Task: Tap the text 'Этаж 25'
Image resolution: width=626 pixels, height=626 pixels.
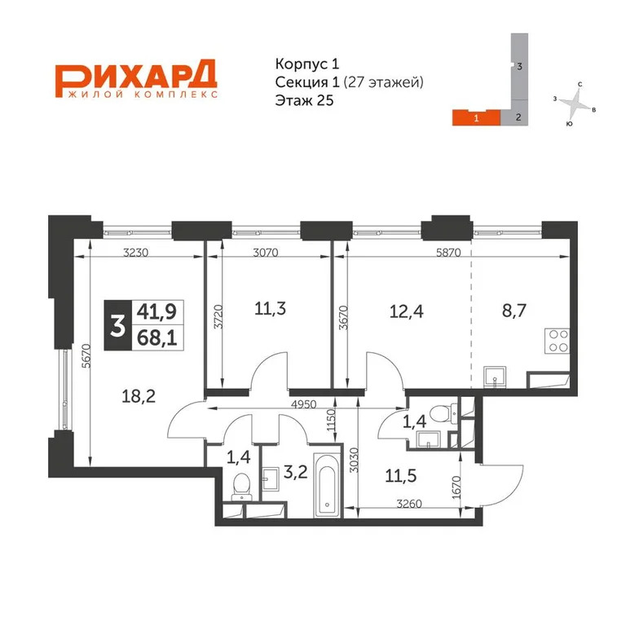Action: click(x=306, y=100)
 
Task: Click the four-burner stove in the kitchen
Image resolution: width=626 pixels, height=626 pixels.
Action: click(x=556, y=340)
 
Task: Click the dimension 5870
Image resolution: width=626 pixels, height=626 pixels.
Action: click(x=448, y=253)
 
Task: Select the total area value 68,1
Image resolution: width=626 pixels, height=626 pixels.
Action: click(x=157, y=336)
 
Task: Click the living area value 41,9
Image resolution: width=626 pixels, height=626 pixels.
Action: click(x=157, y=311)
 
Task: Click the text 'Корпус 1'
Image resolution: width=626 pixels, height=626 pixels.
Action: click(x=301, y=64)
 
